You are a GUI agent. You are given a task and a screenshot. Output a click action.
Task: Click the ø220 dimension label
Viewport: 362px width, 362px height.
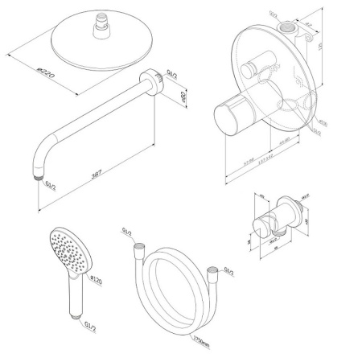(x=27, y=76)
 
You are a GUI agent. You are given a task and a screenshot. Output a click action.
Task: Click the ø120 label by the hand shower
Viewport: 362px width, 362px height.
(x=93, y=280)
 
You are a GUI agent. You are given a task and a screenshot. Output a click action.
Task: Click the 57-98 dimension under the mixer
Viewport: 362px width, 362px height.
(x=248, y=161)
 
